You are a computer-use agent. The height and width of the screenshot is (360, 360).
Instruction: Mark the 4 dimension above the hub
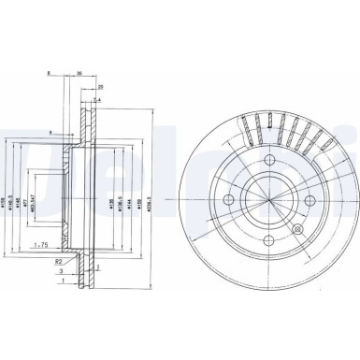(x=50, y=132)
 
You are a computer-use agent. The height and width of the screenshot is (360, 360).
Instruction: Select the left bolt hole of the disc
(x=230, y=199)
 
